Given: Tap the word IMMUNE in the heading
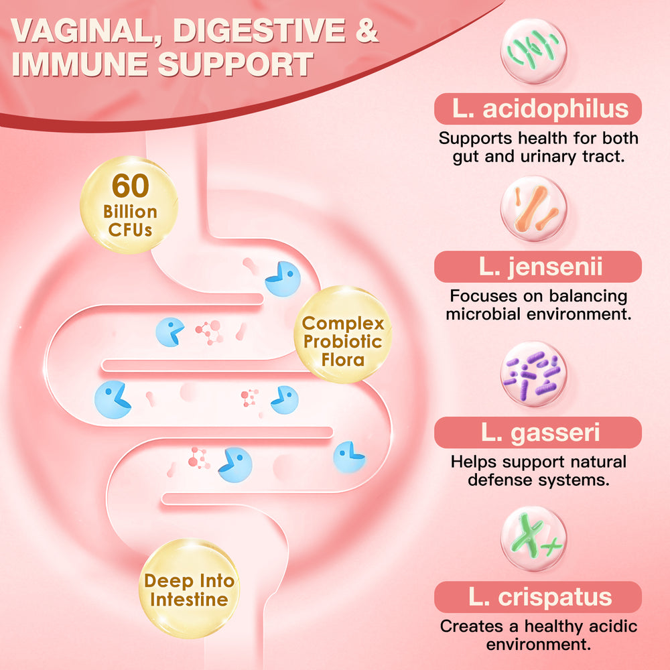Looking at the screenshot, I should click(x=80, y=65).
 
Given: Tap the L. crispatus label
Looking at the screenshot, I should click(x=538, y=597).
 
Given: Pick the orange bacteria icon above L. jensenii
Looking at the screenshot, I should click(x=534, y=210).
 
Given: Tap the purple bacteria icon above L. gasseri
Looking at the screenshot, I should click(x=534, y=374).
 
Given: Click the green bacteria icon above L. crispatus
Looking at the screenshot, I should click(x=534, y=539).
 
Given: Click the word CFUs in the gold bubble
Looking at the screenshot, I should click(x=129, y=229).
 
